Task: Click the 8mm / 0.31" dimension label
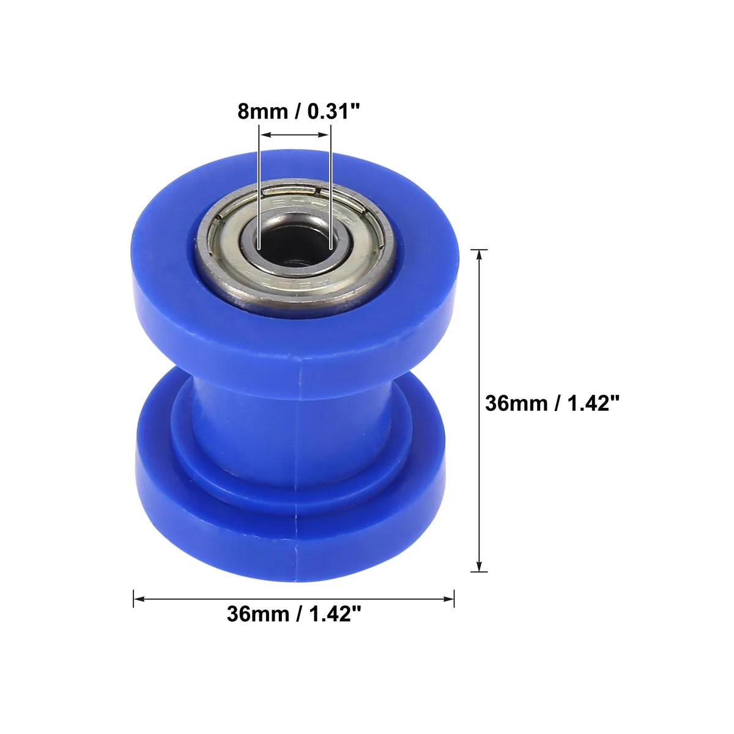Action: tap(298, 111)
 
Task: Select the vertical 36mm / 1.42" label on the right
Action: tap(552, 403)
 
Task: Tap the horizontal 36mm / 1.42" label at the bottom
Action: tap(294, 614)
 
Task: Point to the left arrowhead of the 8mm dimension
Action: tap(264, 135)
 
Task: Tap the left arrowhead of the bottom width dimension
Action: tap(139, 599)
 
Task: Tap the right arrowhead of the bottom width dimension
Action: tap(448, 599)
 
